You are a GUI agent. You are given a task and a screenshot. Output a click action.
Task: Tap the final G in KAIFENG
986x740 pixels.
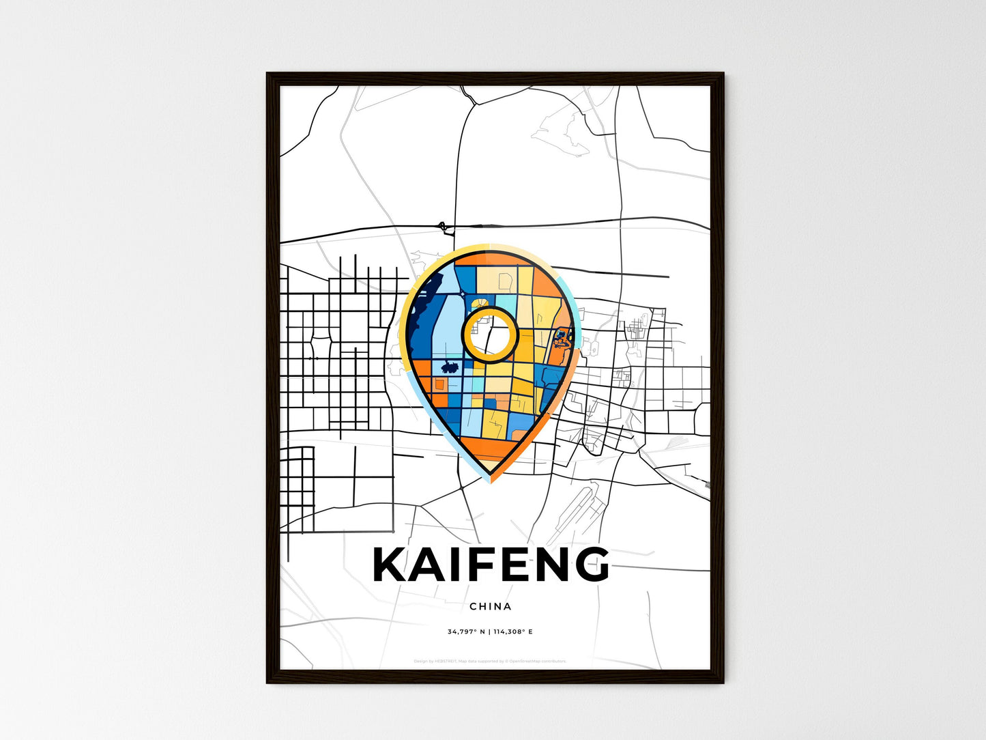(589, 565)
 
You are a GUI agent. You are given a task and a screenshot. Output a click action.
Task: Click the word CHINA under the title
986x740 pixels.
(491, 606)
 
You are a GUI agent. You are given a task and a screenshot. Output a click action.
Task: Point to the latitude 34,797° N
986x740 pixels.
(466, 632)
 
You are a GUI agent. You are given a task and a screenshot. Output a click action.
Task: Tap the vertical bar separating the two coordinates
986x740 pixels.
(490, 632)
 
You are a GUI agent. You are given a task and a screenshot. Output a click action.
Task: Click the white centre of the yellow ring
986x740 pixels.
(491, 335)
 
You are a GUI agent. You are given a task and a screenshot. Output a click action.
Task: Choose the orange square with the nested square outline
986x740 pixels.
(439, 385)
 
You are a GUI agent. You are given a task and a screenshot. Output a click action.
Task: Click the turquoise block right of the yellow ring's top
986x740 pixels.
(506, 302)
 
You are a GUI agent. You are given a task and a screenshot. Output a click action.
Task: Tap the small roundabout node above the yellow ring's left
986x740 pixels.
(463, 294)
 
